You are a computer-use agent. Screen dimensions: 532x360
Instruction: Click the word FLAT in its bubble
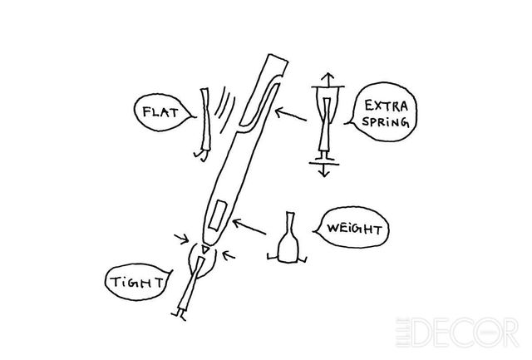click(160, 111)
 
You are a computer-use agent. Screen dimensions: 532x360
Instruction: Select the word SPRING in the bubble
click(386, 121)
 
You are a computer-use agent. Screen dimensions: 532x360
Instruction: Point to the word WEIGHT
click(354, 229)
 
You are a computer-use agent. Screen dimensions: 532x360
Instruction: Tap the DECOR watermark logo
click(457, 333)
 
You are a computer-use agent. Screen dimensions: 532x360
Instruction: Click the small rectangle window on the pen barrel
click(218, 215)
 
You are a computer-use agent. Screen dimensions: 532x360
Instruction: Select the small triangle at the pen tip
click(204, 249)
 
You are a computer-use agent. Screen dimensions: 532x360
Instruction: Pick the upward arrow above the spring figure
click(328, 79)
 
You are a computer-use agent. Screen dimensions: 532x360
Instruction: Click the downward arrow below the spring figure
click(324, 170)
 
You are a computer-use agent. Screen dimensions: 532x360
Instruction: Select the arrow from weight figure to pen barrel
click(249, 226)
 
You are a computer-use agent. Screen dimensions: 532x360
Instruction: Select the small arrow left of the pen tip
click(181, 239)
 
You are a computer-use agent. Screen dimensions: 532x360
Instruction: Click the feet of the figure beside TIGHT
click(179, 315)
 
